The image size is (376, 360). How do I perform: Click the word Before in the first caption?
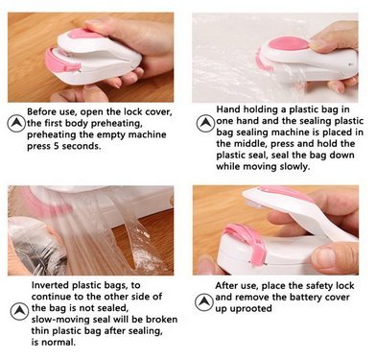[40, 112]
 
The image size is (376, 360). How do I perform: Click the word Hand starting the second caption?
[228, 109]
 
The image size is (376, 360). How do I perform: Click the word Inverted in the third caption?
[50, 285]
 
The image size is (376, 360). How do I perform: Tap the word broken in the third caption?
[162, 320]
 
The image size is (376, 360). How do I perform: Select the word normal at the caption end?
[59, 343]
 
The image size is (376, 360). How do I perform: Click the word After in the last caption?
[226, 286]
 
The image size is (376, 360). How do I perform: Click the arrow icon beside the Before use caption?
[16, 124]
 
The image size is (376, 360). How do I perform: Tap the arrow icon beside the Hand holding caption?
[205, 124]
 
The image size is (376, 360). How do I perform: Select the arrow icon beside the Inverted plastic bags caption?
[19, 311]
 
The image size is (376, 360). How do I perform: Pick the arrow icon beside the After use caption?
[203, 302]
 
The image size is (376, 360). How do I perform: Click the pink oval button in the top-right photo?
[289, 44]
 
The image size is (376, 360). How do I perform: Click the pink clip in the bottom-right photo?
[247, 242]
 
